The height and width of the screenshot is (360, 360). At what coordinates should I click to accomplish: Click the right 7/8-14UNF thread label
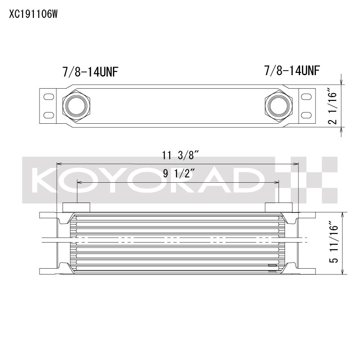[x=292, y=71]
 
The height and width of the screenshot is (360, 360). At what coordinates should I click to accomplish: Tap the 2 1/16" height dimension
[x=333, y=106]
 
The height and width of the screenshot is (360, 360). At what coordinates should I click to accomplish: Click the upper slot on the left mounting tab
[x=48, y=96]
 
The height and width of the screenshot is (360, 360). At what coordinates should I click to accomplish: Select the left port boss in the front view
[x=76, y=207]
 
